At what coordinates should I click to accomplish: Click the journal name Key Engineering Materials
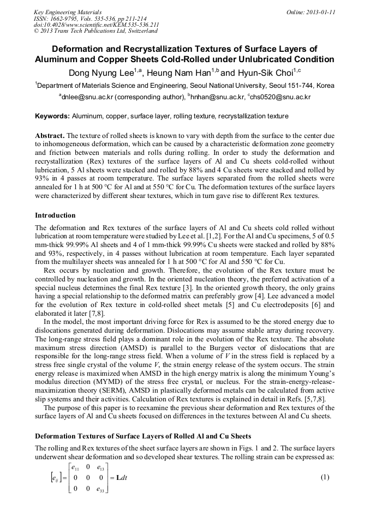(68, 11)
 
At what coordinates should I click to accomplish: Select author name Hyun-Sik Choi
(265, 73)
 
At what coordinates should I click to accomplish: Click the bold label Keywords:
(52, 116)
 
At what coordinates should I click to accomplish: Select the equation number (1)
(325, 477)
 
